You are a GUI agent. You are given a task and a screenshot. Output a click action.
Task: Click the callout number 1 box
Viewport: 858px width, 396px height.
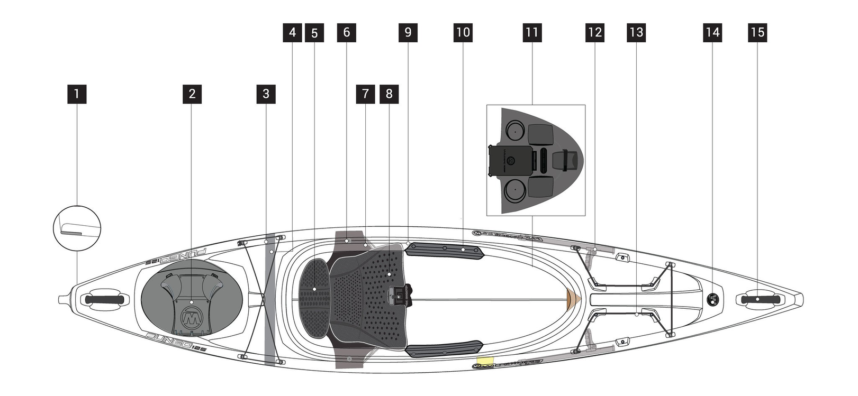click(x=77, y=94)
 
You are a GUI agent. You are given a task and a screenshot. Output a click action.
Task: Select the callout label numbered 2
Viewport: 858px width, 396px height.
click(x=192, y=94)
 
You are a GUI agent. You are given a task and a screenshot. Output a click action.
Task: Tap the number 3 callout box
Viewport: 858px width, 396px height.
click(x=266, y=94)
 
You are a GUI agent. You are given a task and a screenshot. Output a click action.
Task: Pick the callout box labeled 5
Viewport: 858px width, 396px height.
click(x=314, y=33)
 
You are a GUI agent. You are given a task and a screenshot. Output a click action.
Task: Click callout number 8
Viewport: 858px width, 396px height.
click(x=389, y=94)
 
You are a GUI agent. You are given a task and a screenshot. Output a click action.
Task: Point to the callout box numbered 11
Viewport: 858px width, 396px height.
click(x=531, y=33)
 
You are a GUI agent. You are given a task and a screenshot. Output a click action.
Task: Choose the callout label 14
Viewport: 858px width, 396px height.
click(x=712, y=33)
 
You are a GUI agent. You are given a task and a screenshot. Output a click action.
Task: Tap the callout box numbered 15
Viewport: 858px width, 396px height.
click(x=757, y=33)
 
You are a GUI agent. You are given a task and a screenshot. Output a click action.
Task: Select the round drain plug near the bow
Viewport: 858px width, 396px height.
click(x=713, y=299)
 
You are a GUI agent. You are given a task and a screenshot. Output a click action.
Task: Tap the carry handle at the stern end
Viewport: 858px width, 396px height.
click(x=106, y=299)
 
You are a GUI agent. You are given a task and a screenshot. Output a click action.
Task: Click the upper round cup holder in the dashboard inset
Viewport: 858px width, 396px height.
click(x=514, y=130)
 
